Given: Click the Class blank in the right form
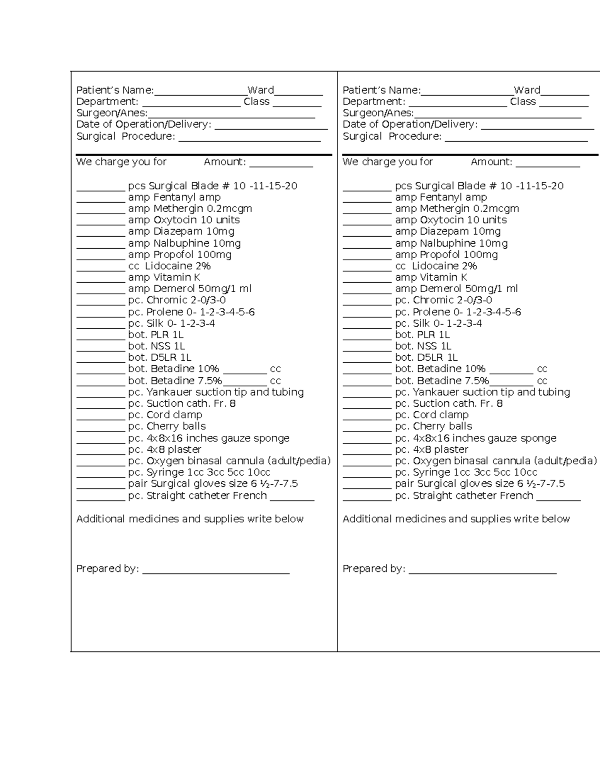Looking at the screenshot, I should pos(563,104).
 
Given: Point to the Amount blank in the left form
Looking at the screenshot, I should pos(281,164).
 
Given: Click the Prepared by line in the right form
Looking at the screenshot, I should pos(482,571).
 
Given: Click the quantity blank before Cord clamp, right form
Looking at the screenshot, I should pos(367,417).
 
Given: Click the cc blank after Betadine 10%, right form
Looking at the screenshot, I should pos(511,371).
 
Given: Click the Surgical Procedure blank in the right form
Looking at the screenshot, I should pos(516,139).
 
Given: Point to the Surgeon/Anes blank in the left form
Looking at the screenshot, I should pos(231,116).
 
